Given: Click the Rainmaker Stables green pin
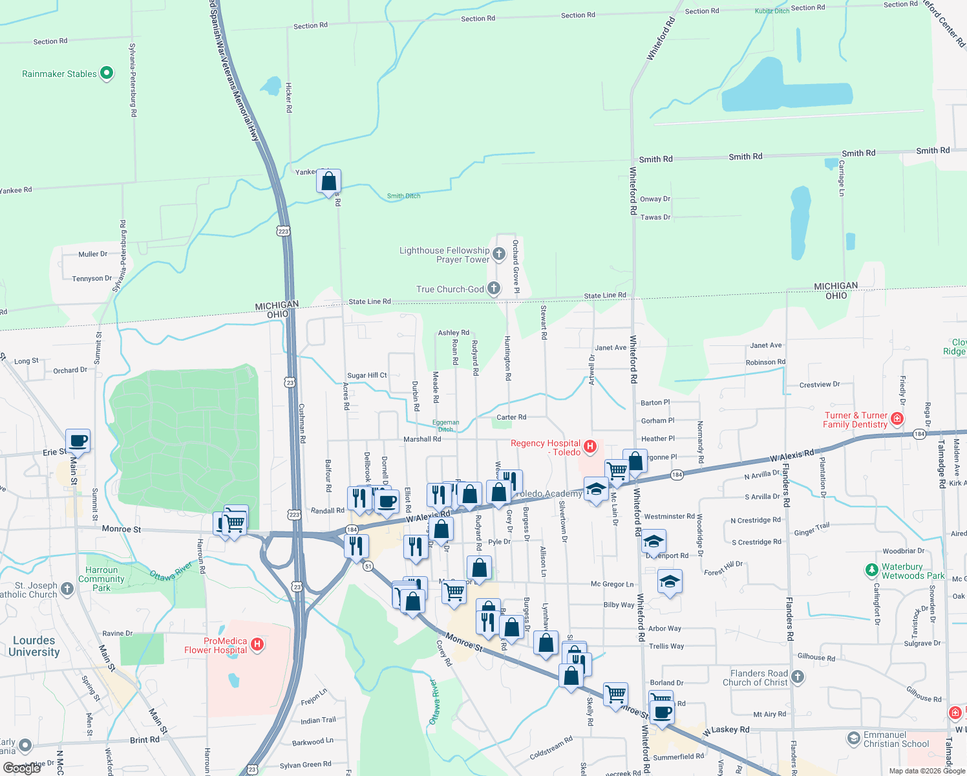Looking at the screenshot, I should [x=107, y=74].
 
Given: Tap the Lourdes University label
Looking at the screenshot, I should [x=34, y=646].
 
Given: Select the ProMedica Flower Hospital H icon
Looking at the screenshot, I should [x=257, y=644].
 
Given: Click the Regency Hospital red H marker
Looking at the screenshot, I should [x=590, y=446].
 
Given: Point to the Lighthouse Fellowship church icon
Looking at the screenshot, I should [x=498, y=254].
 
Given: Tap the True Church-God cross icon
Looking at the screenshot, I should [x=494, y=288].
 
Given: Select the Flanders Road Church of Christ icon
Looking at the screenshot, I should [x=798, y=677].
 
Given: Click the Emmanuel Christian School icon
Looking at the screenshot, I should [x=853, y=738].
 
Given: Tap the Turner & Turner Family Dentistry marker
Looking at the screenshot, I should [x=897, y=419].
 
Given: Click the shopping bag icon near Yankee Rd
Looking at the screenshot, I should [x=328, y=181].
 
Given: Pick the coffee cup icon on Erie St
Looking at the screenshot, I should [x=78, y=441].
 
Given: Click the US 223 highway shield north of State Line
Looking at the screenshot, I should [x=283, y=231].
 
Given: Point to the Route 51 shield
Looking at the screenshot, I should [x=368, y=566].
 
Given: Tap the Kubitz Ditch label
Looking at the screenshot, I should [x=772, y=11].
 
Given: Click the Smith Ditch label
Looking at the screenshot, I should [x=403, y=196].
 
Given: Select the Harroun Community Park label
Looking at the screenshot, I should [x=101, y=579].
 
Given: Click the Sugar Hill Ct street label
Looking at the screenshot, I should [x=367, y=375].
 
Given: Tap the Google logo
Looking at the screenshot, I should [x=22, y=768].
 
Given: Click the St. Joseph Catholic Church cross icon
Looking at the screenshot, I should [x=67, y=590].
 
